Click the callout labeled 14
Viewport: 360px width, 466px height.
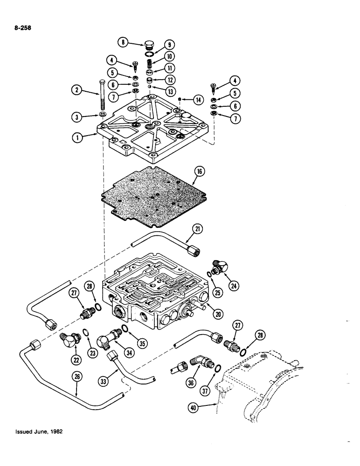click(x=199, y=99)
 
